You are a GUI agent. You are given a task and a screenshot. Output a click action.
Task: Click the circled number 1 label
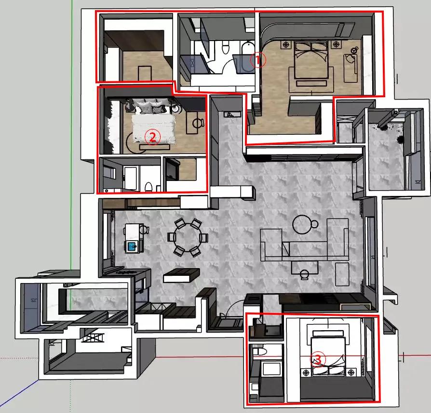click(x=258, y=60)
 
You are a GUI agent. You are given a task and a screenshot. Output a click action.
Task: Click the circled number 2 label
click(x=152, y=137)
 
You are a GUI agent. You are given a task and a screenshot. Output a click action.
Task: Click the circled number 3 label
click(x=318, y=360)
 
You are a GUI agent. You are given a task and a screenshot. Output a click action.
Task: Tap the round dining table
click(x=188, y=238)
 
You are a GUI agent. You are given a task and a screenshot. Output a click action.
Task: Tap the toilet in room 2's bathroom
click(x=148, y=187)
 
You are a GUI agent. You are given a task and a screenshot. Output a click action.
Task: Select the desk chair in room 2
click(x=198, y=123)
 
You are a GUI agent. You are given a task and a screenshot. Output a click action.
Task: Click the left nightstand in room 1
click(x=286, y=44)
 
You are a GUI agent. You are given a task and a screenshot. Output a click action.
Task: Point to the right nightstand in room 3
click(x=351, y=373)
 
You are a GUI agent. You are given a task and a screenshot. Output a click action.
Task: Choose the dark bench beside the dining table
click(x=181, y=275)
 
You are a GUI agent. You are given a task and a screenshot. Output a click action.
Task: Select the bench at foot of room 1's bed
click(x=311, y=83)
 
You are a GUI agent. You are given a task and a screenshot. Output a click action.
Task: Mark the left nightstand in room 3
click(x=306, y=373)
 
